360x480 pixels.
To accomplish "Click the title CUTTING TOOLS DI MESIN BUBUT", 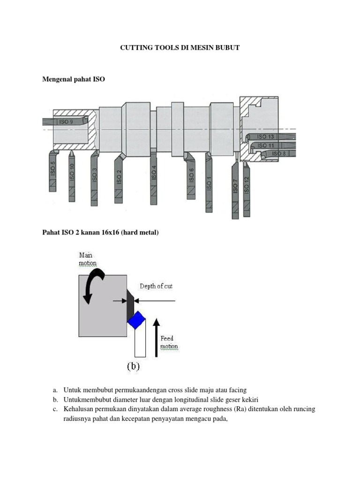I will click(x=180, y=48).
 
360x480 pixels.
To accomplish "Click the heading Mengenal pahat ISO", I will click(x=74, y=79).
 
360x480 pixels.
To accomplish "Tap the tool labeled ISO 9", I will click(x=66, y=121).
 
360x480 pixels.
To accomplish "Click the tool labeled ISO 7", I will click(x=235, y=187).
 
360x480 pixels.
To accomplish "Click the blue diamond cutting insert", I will click(x=136, y=321).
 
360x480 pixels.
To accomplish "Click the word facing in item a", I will click(x=237, y=390).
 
